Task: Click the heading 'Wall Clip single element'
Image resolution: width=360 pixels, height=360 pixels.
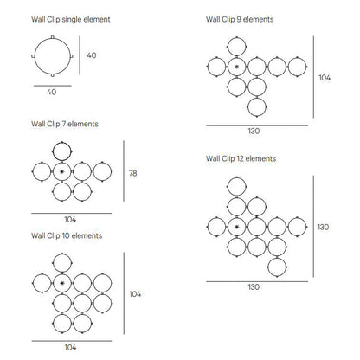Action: pyautogui.click(x=71, y=19)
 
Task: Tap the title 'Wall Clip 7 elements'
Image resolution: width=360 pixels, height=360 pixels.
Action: pyautogui.click(x=65, y=124)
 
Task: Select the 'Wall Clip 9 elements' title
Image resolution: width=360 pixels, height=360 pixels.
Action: pyautogui.click(x=240, y=19)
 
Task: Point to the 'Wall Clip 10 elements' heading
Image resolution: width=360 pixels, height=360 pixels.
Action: pyautogui.click(x=67, y=235)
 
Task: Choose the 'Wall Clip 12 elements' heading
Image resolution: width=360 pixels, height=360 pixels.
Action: pyautogui.click(x=241, y=158)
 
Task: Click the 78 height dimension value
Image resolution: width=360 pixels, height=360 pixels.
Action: pyautogui.click(x=133, y=173)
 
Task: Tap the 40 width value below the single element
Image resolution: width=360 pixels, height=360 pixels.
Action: pyautogui.click(x=52, y=92)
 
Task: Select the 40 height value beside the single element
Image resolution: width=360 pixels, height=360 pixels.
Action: pyautogui.click(x=92, y=55)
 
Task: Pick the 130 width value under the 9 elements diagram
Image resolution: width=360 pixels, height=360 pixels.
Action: pyautogui.click(x=254, y=132)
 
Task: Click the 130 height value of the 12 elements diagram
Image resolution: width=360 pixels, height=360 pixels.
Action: pyautogui.click(x=323, y=227)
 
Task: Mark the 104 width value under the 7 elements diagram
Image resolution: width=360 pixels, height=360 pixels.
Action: pyautogui.click(x=70, y=220)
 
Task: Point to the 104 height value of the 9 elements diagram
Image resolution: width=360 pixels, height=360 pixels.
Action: pyautogui.click(x=325, y=78)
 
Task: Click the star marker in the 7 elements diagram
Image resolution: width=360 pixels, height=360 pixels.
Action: pyautogui.click(x=62, y=171)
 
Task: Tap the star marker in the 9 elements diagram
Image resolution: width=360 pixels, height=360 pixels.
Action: pyautogui.click(x=237, y=67)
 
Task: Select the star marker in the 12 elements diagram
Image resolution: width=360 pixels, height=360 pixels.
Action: pyautogui.click(x=237, y=227)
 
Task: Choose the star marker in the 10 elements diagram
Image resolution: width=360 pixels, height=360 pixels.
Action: pyautogui.click(x=62, y=283)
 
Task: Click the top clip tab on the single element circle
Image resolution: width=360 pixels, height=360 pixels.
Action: pyautogui.click(x=52, y=37)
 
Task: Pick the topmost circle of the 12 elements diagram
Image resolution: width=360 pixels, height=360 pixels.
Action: pyautogui.click(x=237, y=177)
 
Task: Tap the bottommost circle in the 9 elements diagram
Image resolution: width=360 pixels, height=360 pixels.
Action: pyautogui.click(x=257, y=98)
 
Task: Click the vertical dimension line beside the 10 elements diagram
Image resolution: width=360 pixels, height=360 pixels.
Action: pyautogui.click(x=124, y=293)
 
